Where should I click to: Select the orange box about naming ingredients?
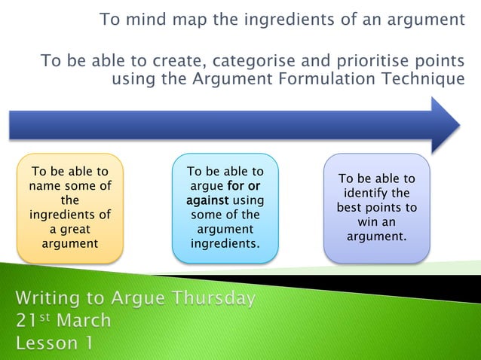tap(69, 209)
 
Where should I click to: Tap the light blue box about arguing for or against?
tap(225, 208)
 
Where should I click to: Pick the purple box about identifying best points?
tap(376, 208)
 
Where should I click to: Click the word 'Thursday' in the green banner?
tap(213, 298)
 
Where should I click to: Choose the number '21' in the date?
tap(27, 321)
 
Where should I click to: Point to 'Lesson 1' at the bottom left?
tap(56, 343)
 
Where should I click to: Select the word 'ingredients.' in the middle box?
tap(225, 243)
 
